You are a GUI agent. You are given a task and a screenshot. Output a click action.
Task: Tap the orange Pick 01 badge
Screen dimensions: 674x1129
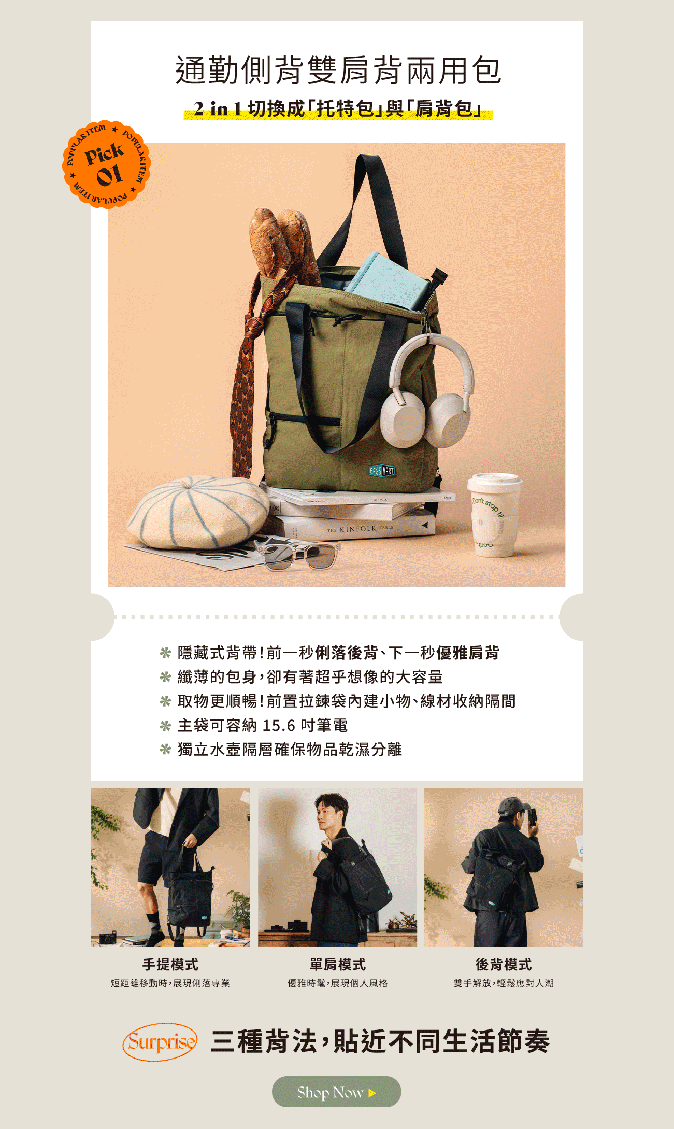[106, 164]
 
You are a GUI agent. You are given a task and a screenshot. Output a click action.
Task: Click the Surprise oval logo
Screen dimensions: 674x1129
[160, 1041]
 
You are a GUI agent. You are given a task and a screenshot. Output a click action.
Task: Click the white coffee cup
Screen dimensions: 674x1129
[494, 515]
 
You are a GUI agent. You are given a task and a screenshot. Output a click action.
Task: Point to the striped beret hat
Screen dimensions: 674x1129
[198, 512]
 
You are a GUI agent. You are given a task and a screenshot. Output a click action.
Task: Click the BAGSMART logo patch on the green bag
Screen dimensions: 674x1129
[382, 471]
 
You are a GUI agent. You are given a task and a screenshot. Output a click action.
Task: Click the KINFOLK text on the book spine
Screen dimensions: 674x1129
[358, 529]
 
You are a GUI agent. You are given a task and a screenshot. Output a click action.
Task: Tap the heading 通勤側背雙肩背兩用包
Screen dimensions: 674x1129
[338, 70]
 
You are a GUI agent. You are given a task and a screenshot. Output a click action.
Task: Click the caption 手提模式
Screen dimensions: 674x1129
[170, 964]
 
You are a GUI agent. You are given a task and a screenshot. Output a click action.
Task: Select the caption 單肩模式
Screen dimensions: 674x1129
[338, 964]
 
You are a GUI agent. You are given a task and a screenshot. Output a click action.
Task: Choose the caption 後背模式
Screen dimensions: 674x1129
[504, 964]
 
